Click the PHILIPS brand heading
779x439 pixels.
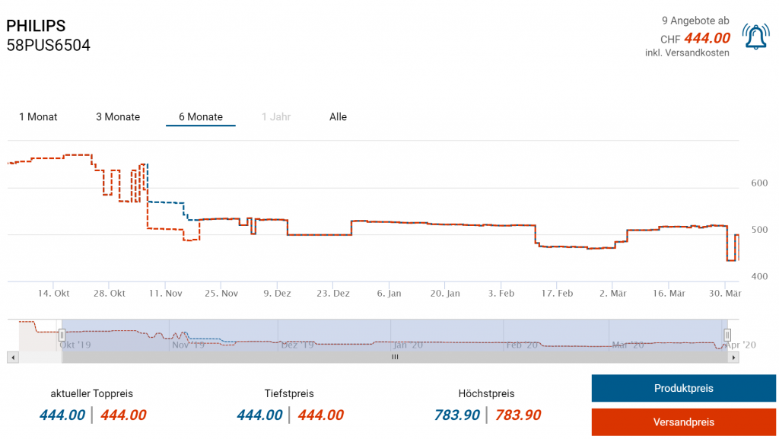pyautogui.click(x=36, y=26)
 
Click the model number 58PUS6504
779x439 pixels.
pyautogui.click(x=48, y=46)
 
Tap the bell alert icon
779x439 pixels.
pyautogui.click(x=756, y=37)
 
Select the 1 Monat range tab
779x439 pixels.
pyautogui.click(x=38, y=117)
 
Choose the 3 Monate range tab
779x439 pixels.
pyautogui.click(x=118, y=117)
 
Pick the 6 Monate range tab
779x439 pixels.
pyautogui.click(x=201, y=117)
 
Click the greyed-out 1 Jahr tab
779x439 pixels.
pyautogui.click(x=276, y=117)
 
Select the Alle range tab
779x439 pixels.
pyautogui.click(x=338, y=117)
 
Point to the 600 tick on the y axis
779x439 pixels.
pyautogui.click(x=759, y=183)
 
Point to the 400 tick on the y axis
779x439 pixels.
pyautogui.click(x=759, y=277)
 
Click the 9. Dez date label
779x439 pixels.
pyautogui.click(x=277, y=293)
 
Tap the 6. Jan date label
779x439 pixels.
pyautogui.click(x=389, y=293)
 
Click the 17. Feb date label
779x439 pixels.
pyautogui.click(x=556, y=293)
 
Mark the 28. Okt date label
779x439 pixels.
pyautogui.click(x=110, y=293)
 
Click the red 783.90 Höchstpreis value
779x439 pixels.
pyautogui.click(x=518, y=415)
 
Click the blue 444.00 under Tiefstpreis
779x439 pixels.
pyautogui.click(x=259, y=415)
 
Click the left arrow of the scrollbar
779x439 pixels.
pyautogui.click(x=11, y=357)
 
